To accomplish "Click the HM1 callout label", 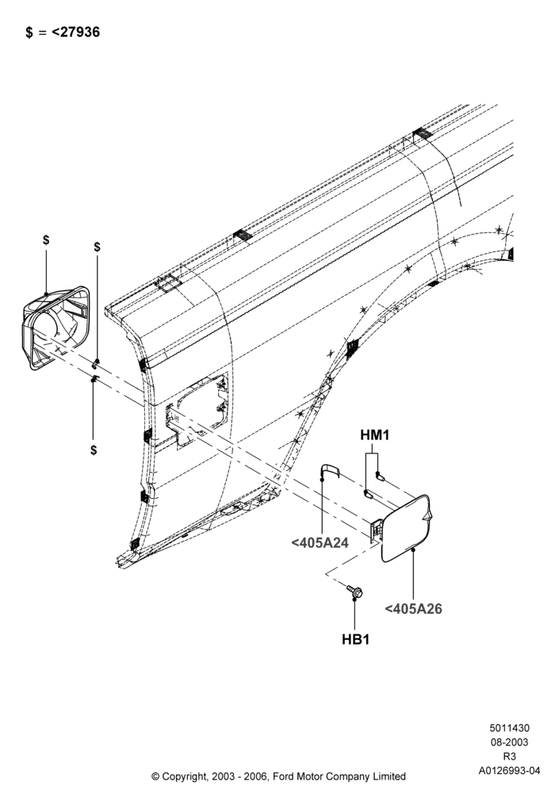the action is click(374, 435).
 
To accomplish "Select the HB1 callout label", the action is click(355, 639).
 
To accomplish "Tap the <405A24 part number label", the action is click(320, 543).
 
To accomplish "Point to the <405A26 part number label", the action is click(413, 609).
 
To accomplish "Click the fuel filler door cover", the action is click(407, 528).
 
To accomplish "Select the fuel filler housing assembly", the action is click(56, 328).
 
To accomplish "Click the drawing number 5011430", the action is click(510, 728).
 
